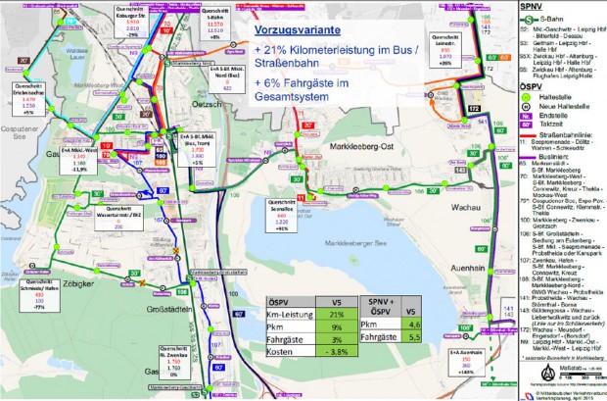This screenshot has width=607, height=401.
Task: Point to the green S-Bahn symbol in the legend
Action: coord(530,20)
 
